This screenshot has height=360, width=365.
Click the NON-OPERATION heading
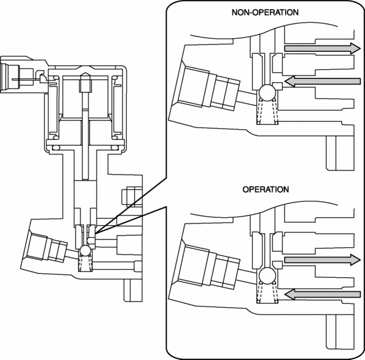pos(265,12)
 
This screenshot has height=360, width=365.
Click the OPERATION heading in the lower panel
pos(265,190)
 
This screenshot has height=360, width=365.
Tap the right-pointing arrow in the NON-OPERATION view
pos(321,48)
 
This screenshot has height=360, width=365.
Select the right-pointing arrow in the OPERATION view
pos(321,261)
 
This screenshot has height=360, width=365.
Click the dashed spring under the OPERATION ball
pos(266,294)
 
